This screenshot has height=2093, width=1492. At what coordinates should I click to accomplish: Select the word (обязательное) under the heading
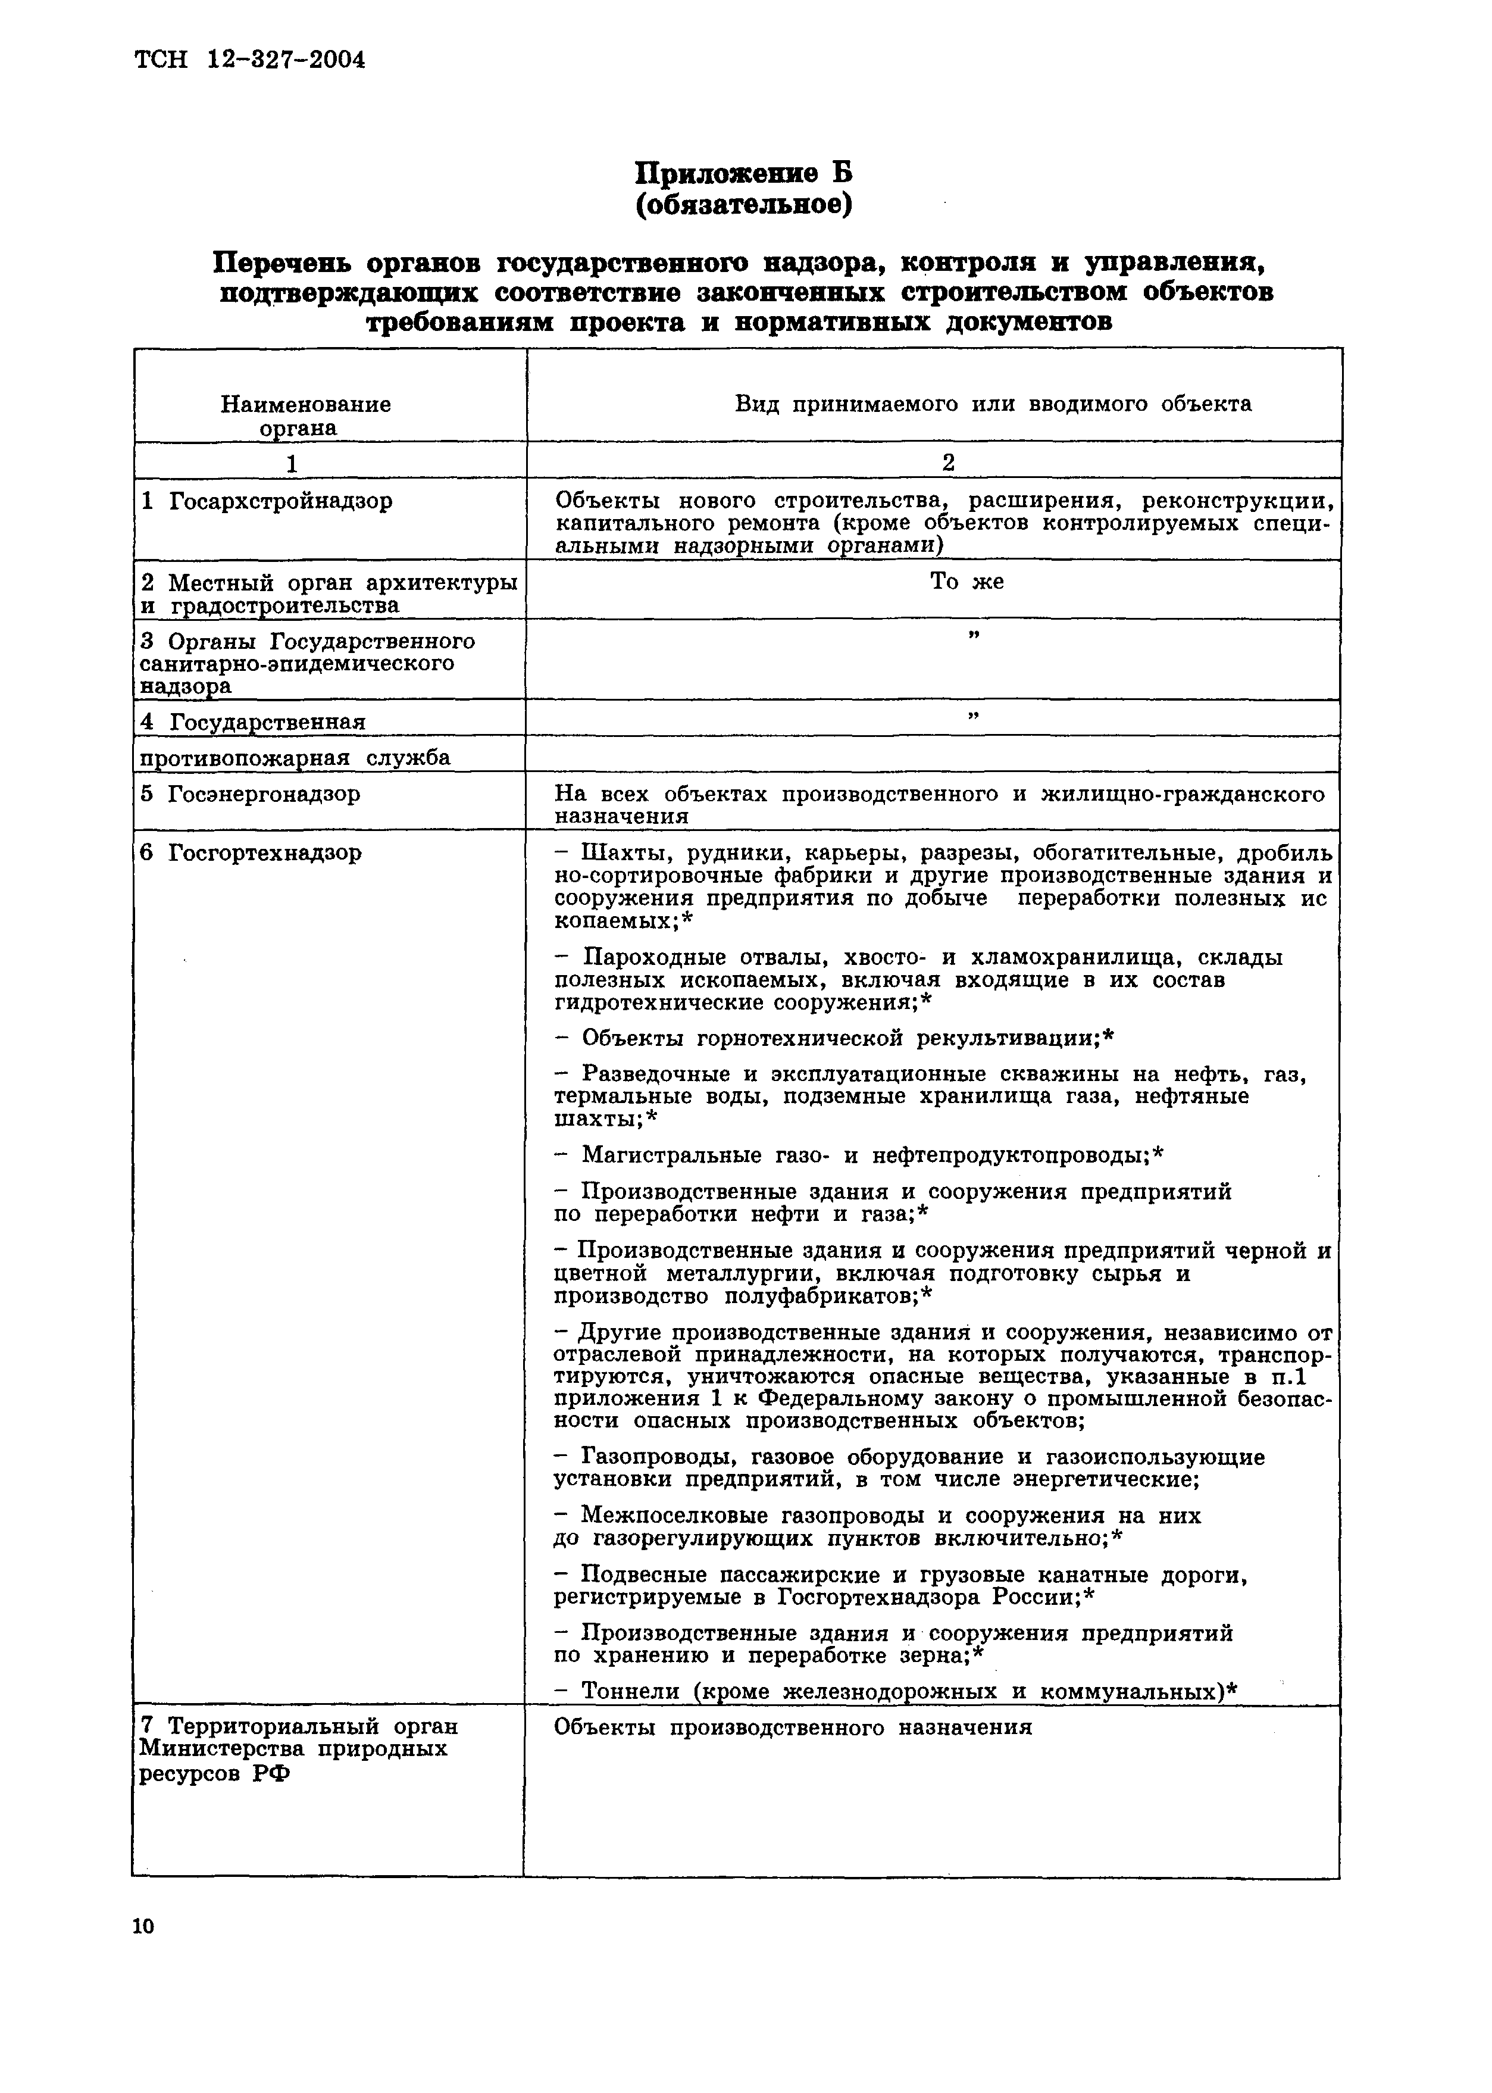(744, 204)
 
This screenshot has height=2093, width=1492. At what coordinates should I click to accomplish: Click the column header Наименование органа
(306, 416)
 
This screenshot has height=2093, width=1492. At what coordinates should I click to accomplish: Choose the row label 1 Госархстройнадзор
(267, 502)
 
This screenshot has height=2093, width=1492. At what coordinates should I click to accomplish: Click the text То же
(966, 582)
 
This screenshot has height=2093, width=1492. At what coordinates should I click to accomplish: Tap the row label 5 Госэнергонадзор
(251, 794)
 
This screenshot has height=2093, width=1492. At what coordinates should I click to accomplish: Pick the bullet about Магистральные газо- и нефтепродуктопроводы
(860, 1155)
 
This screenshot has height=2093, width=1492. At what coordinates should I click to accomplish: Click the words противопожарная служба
(295, 758)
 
